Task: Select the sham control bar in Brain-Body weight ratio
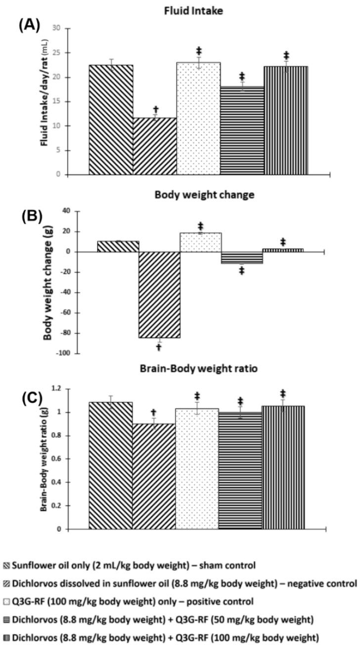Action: [111, 465]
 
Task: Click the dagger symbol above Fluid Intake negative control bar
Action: [156, 109]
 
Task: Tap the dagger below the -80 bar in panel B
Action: [159, 347]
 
